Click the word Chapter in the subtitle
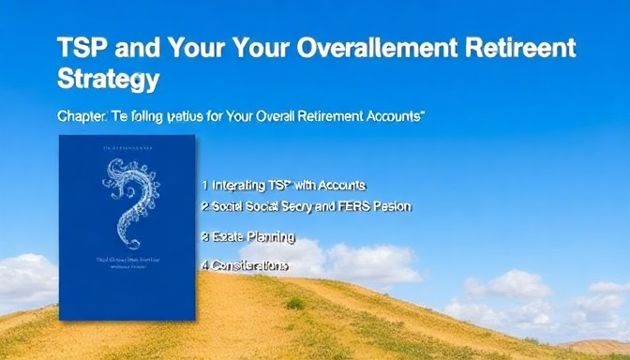point(82,117)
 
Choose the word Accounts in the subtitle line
point(394,117)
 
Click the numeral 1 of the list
point(204,185)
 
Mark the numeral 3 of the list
point(204,236)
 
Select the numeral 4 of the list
point(204,265)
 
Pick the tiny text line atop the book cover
point(126,148)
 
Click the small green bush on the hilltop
point(296,304)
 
